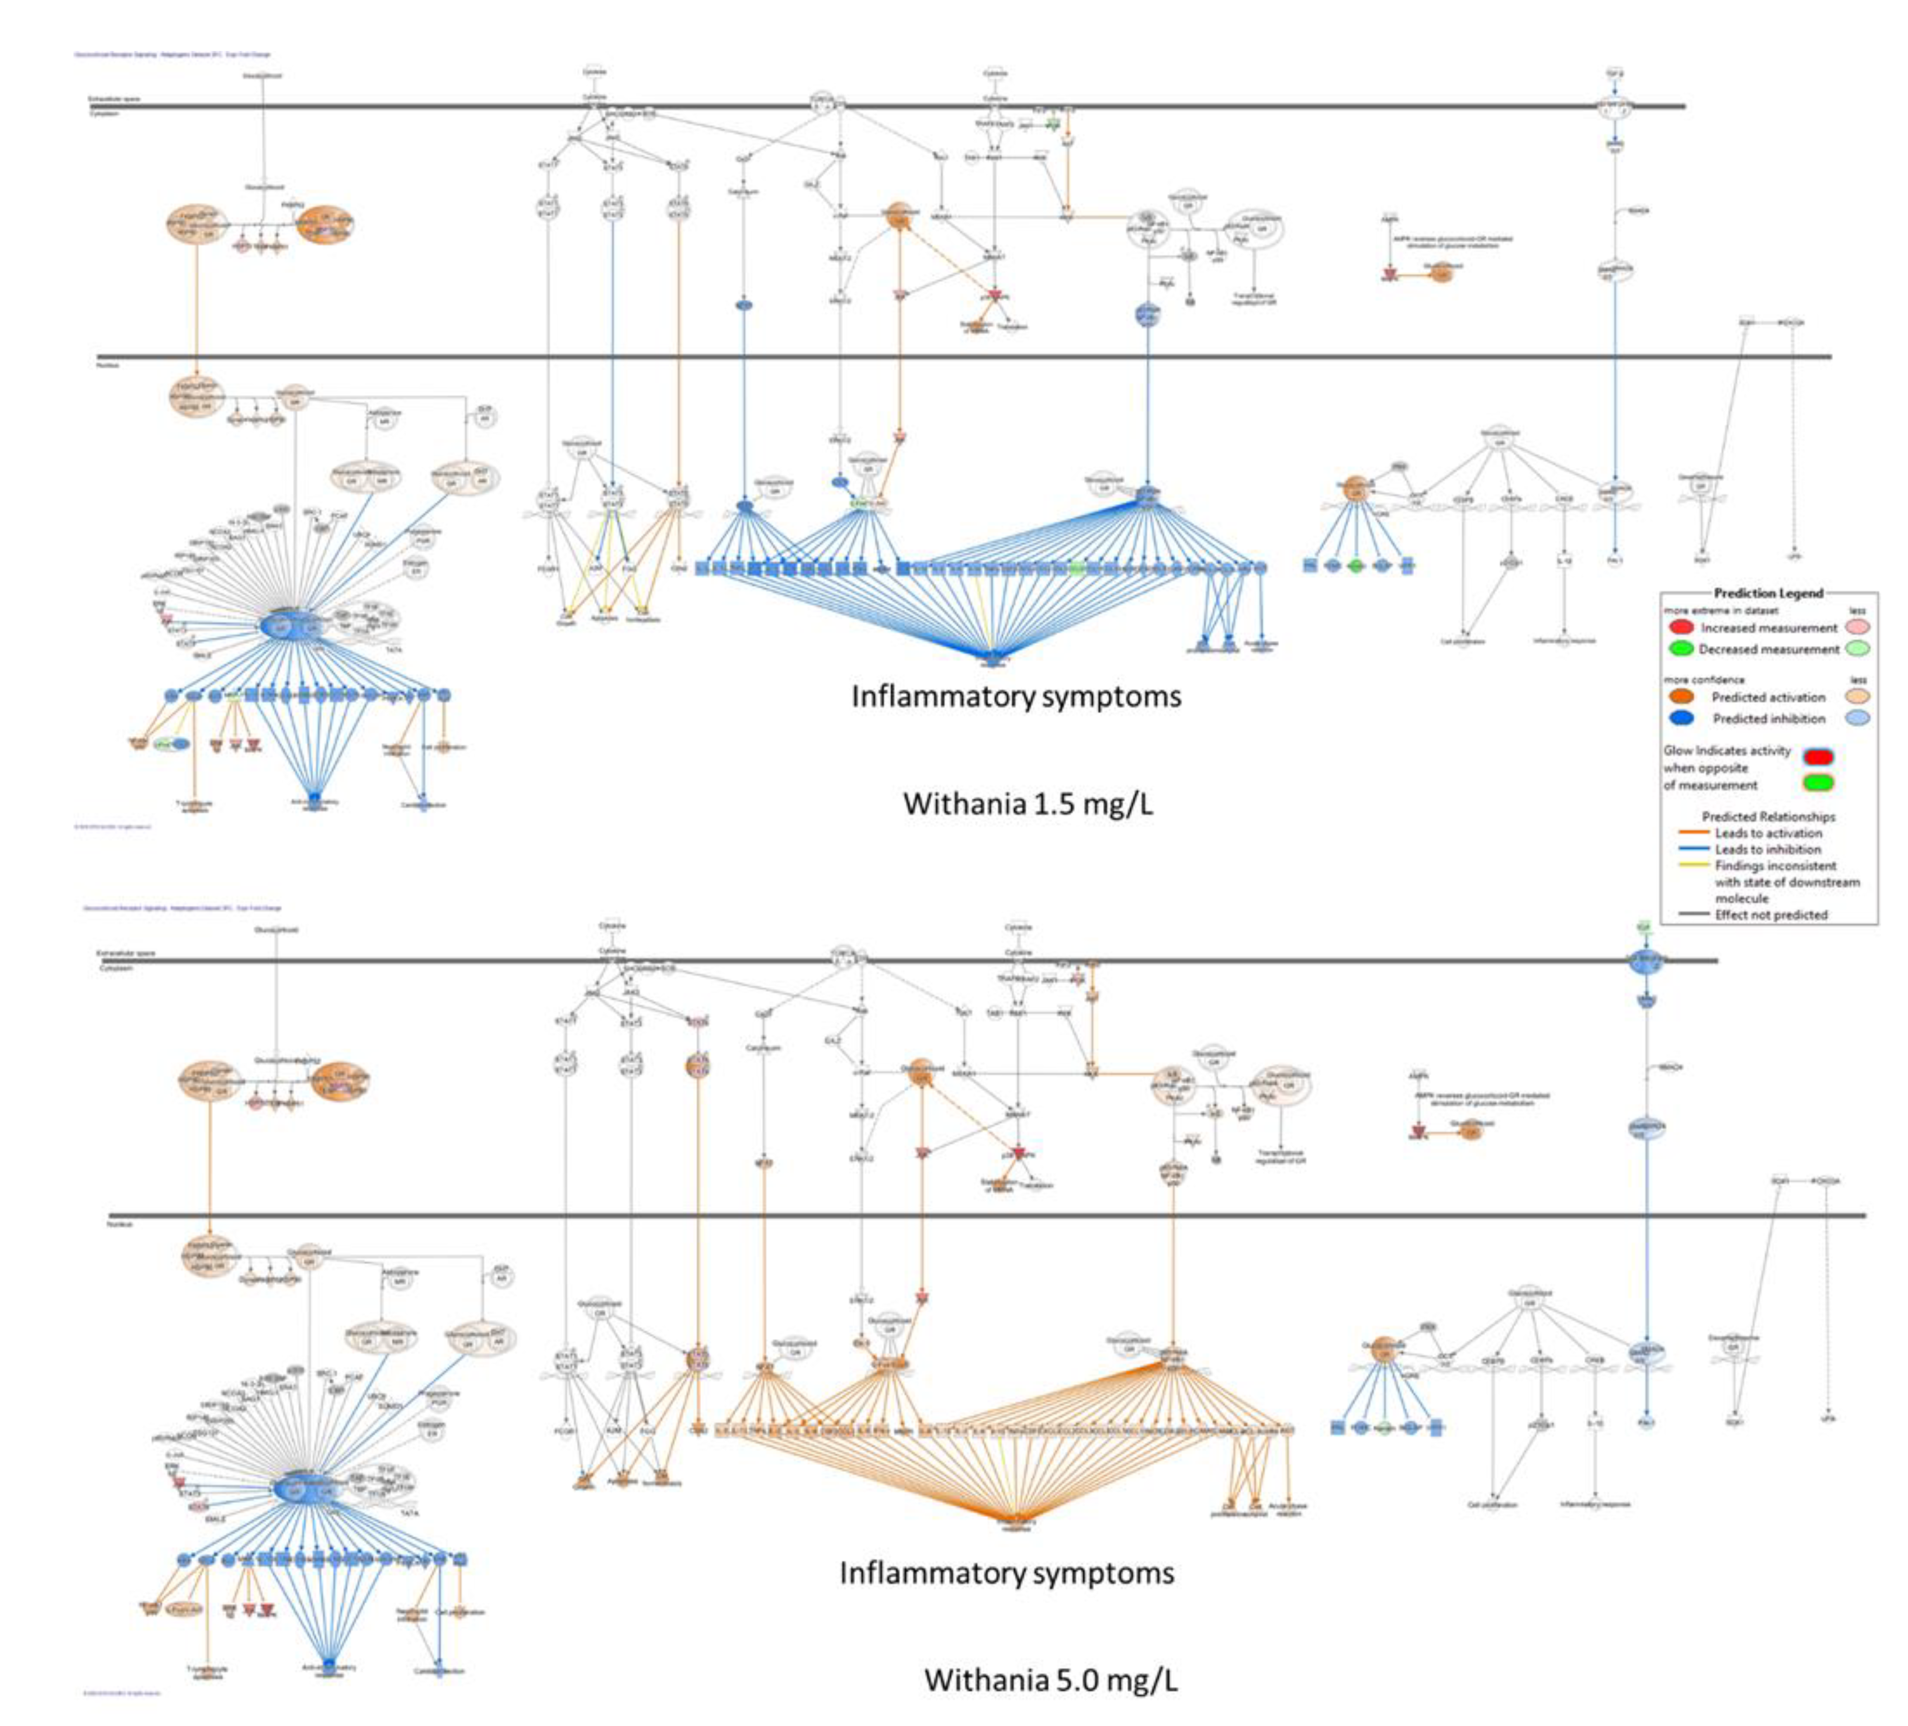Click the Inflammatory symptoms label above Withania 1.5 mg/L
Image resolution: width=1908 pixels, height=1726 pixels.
tap(1016, 696)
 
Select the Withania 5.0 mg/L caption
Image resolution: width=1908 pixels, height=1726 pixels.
tap(1050, 1680)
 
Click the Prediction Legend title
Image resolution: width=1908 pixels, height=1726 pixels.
tap(1768, 593)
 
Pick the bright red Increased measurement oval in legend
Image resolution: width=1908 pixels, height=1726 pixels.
tap(1681, 628)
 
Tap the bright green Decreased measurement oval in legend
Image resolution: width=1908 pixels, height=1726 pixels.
tap(1681, 649)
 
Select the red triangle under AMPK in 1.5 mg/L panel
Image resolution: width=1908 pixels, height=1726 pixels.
tap(1390, 274)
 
